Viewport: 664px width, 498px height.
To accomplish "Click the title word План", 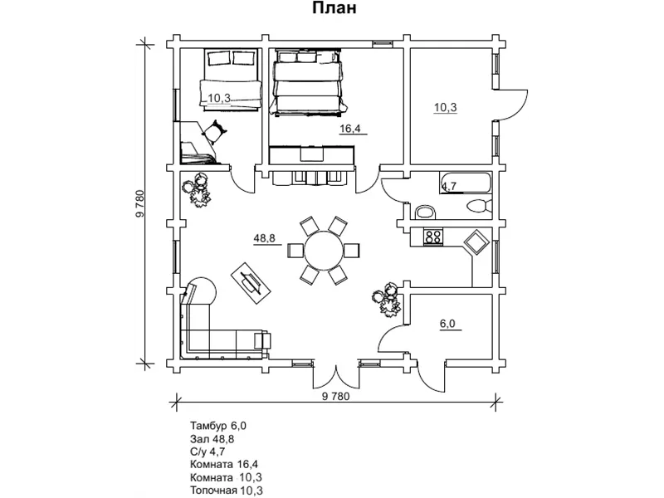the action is (x=334, y=7).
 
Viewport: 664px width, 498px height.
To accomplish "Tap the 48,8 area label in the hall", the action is (x=264, y=238).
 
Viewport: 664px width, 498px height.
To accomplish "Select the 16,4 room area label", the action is (x=350, y=129).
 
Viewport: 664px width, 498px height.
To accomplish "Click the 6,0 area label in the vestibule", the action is (x=447, y=324).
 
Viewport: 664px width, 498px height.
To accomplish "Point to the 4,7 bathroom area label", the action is (x=449, y=185).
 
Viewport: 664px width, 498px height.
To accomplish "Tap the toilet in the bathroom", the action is (x=480, y=207).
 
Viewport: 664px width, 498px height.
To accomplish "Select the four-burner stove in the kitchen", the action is (x=433, y=237).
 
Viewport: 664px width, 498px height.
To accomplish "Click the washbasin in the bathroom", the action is (x=425, y=212).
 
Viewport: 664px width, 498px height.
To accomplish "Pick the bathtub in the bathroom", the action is (x=466, y=183).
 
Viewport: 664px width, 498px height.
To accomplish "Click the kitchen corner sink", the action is (x=476, y=242).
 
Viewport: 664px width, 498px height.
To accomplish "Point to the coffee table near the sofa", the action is (x=251, y=283).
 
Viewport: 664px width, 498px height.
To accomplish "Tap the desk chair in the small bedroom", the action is (x=215, y=132).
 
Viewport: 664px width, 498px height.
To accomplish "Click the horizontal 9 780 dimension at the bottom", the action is (x=336, y=397).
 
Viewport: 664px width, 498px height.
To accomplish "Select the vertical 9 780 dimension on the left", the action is (x=140, y=204).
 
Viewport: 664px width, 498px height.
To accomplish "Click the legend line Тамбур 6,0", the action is (x=218, y=425).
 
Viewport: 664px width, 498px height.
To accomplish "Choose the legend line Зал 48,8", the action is (x=212, y=438).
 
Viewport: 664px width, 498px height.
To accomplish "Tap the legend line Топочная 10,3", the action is (x=226, y=491).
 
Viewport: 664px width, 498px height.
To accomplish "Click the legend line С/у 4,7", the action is (x=207, y=452).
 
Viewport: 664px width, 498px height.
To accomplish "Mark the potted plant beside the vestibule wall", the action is (x=387, y=300).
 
